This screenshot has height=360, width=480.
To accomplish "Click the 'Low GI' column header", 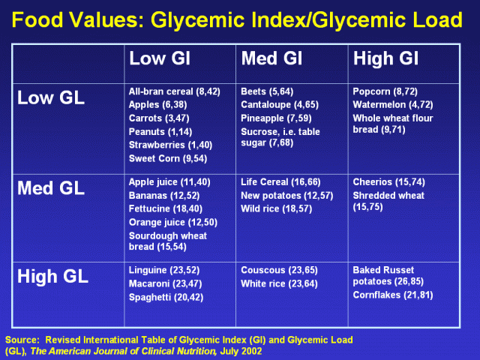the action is (x=160, y=58).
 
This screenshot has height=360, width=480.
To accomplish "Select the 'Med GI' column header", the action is (x=271, y=58).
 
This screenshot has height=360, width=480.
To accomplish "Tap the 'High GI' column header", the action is (x=385, y=58).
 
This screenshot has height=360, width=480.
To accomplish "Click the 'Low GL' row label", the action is (x=51, y=98).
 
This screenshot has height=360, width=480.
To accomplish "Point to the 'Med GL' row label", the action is (x=51, y=187).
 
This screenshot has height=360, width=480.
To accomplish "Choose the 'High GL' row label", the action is (x=52, y=276).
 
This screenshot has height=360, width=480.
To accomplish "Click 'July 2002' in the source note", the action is (x=241, y=351).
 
